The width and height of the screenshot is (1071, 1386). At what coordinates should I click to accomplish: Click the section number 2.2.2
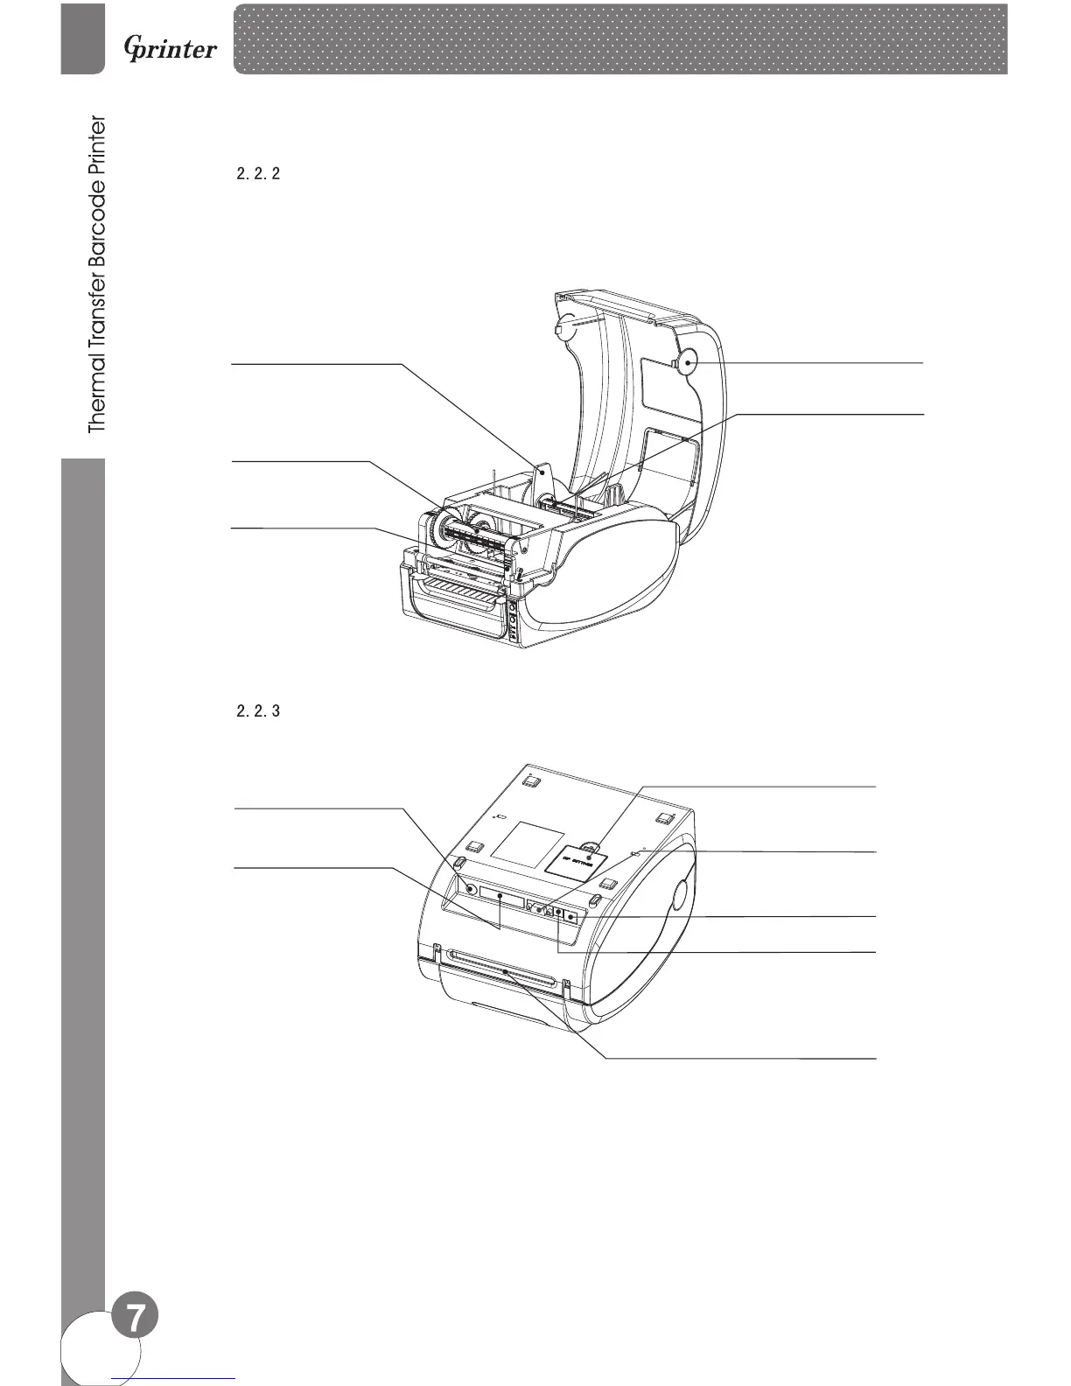pyautogui.click(x=258, y=174)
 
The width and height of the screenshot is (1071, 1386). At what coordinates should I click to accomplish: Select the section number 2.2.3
pyautogui.click(x=258, y=711)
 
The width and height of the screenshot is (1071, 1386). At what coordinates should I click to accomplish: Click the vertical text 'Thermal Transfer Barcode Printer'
pyautogui.click(x=96, y=275)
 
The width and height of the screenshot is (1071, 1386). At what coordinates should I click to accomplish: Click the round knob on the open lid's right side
pyautogui.click(x=686, y=361)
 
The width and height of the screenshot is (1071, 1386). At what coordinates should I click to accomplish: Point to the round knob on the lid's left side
pyautogui.click(x=565, y=323)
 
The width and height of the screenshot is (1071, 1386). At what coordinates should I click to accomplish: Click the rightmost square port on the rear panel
pyautogui.click(x=571, y=917)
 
